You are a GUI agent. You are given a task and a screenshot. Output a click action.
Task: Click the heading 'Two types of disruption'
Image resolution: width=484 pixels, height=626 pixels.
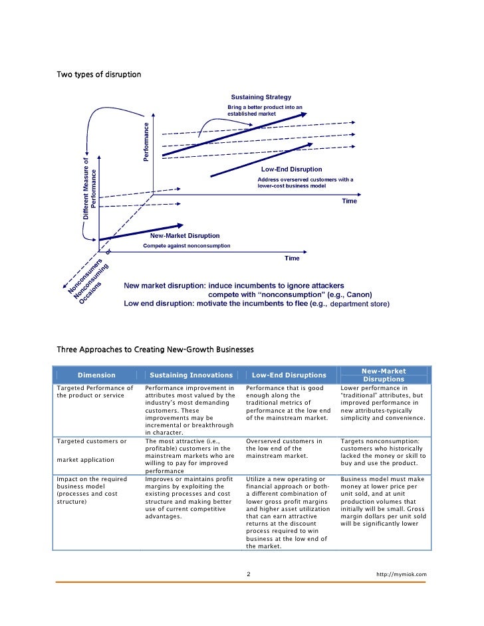point(99,74)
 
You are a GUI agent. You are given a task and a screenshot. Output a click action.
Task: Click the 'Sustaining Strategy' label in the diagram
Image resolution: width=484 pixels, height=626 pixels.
point(261,98)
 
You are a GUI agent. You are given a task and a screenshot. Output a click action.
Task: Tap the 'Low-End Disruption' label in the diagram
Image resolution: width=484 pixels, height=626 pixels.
point(291,169)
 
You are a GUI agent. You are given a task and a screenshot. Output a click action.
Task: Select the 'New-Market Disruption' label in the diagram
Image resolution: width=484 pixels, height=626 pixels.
point(185,236)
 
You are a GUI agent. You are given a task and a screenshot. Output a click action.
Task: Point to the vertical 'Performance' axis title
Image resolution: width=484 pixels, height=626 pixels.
point(147,140)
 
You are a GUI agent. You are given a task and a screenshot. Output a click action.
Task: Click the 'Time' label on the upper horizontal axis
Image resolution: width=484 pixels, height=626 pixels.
point(349,201)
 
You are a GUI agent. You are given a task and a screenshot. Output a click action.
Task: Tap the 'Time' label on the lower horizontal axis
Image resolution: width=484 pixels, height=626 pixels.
point(292,258)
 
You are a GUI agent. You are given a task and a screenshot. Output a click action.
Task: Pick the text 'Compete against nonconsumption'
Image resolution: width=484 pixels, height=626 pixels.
point(187,246)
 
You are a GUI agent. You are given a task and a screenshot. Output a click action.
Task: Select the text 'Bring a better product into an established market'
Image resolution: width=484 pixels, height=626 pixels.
point(265,110)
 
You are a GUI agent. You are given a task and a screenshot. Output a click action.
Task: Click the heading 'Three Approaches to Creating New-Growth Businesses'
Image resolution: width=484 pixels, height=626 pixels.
point(156,349)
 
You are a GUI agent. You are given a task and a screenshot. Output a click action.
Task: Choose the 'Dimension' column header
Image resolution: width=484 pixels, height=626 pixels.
point(96,375)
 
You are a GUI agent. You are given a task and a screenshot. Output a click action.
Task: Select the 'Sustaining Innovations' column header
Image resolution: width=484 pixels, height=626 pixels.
point(191,375)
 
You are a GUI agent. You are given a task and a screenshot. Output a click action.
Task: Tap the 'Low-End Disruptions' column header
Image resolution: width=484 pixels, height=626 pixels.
point(289,375)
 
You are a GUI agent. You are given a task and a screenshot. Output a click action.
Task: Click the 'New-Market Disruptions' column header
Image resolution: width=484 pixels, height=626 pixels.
point(383,375)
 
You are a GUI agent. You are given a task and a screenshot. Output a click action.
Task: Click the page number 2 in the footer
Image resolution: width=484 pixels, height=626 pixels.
point(248,574)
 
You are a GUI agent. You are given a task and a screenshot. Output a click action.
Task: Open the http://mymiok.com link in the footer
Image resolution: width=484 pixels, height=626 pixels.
point(401,574)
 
